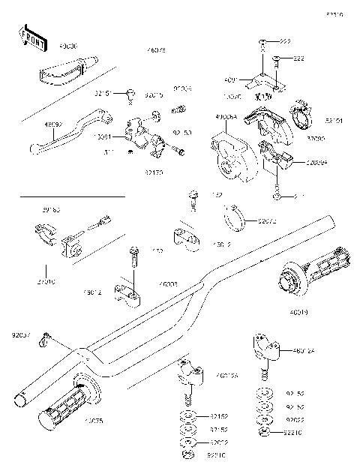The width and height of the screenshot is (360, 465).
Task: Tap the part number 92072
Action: (x=267, y=221)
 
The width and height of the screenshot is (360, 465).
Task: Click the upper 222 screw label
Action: (x=286, y=40)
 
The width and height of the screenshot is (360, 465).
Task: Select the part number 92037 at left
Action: (x=21, y=335)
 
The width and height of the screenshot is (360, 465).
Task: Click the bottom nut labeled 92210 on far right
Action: (x=264, y=433)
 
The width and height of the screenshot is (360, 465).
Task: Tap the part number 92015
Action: (x=154, y=95)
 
